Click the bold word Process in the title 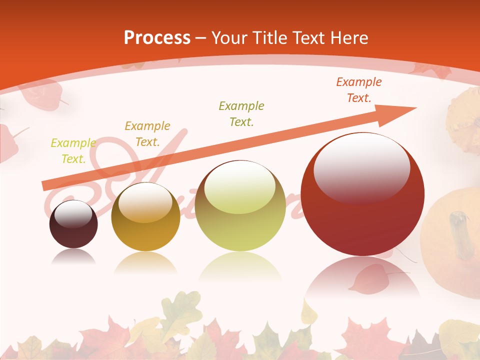(157, 38)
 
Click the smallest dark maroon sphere (73, 224)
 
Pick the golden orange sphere (145, 217)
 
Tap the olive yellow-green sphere (240, 206)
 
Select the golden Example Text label (147, 134)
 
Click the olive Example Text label (241, 113)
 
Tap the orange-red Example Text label (358, 90)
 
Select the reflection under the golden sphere (145, 262)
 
